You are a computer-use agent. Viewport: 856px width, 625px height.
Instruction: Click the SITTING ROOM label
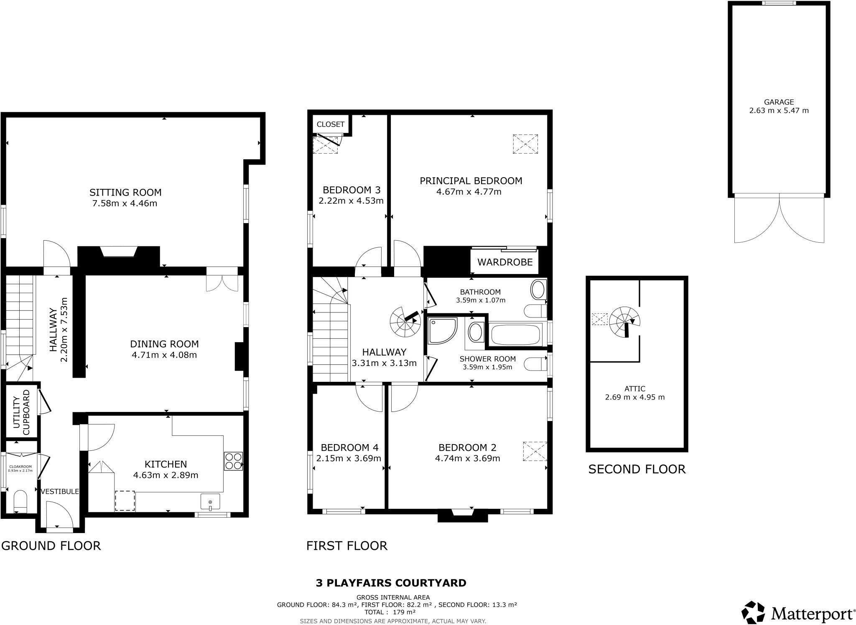pyautogui.click(x=125, y=193)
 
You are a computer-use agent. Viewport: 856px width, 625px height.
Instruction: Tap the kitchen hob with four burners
pyautogui.click(x=233, y=461)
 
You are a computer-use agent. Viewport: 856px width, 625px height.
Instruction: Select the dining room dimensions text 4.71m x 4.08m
pyautogui.click(x=164, y=355)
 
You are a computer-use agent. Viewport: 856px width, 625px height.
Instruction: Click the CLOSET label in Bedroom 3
pyautogui.click(x=330, y=124)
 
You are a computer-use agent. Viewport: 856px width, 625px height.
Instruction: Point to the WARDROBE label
pyautogui.click(x=505, y=262)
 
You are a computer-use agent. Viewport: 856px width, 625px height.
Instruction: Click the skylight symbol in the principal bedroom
pyautogui.click(x=525, y=144)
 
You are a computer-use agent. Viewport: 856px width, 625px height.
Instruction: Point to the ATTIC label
pyautogui.click(x=635, y=389)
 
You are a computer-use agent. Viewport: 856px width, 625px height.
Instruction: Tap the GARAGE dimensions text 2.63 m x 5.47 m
pyautogui.click(x=779, y=111)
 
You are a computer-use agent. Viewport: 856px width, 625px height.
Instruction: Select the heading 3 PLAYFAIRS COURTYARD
pyautogui.click(x=391, y=583)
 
